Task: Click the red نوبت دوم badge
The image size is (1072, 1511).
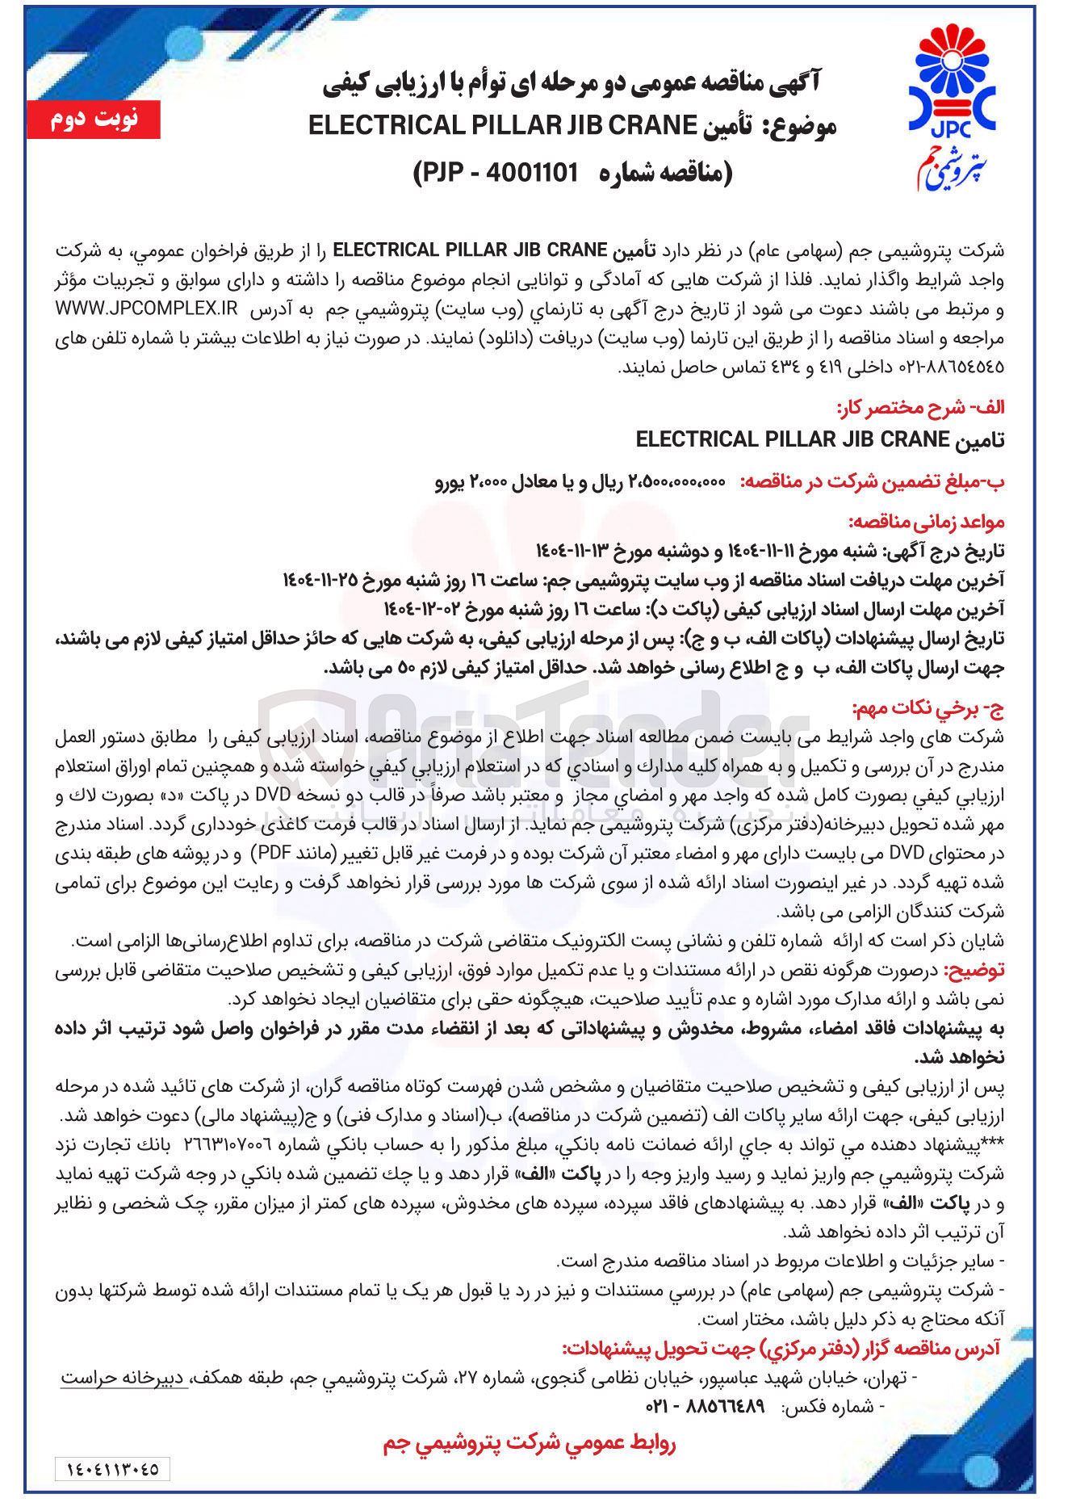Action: pyautogui.click(x=94, y=120)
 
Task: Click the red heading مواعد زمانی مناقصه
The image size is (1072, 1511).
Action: pyautogui.click(x=926, y=522)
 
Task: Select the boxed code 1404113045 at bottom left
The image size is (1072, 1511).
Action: pyautogui.click(x=112, y=1468)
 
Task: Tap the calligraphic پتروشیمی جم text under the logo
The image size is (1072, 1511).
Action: pyautogui.click(x=951, y=164)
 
